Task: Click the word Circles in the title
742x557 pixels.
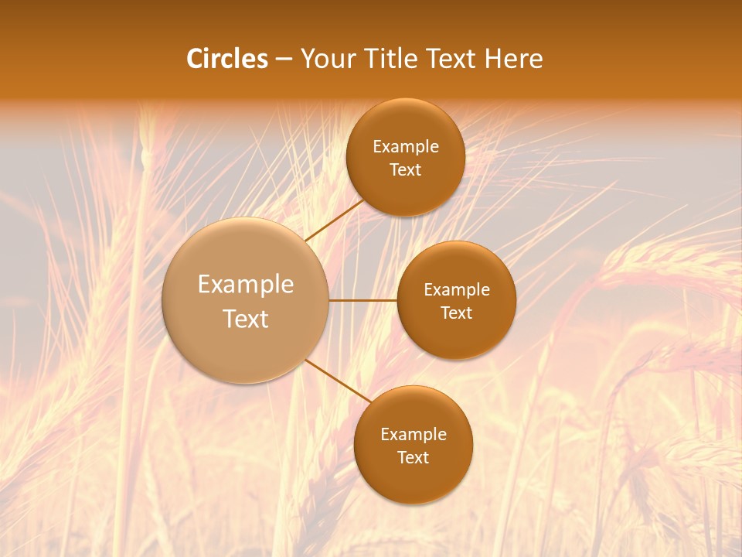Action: point(226,59)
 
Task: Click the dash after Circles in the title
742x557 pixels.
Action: point(284,60)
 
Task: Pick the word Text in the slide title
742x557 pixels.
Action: point(452,59)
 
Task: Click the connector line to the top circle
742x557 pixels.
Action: point(334,220)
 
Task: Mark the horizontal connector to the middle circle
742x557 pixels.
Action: point(362,300)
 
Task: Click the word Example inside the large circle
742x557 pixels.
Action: point(246,285)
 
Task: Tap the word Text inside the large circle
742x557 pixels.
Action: point(246,319)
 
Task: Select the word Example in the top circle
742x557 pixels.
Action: point(406,147)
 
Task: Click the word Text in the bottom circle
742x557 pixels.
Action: point(413,457)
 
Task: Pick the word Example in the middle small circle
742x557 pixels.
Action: point(457,290)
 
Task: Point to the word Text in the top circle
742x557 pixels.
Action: point(405,170)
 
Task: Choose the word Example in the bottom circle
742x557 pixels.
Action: point(414,434)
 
